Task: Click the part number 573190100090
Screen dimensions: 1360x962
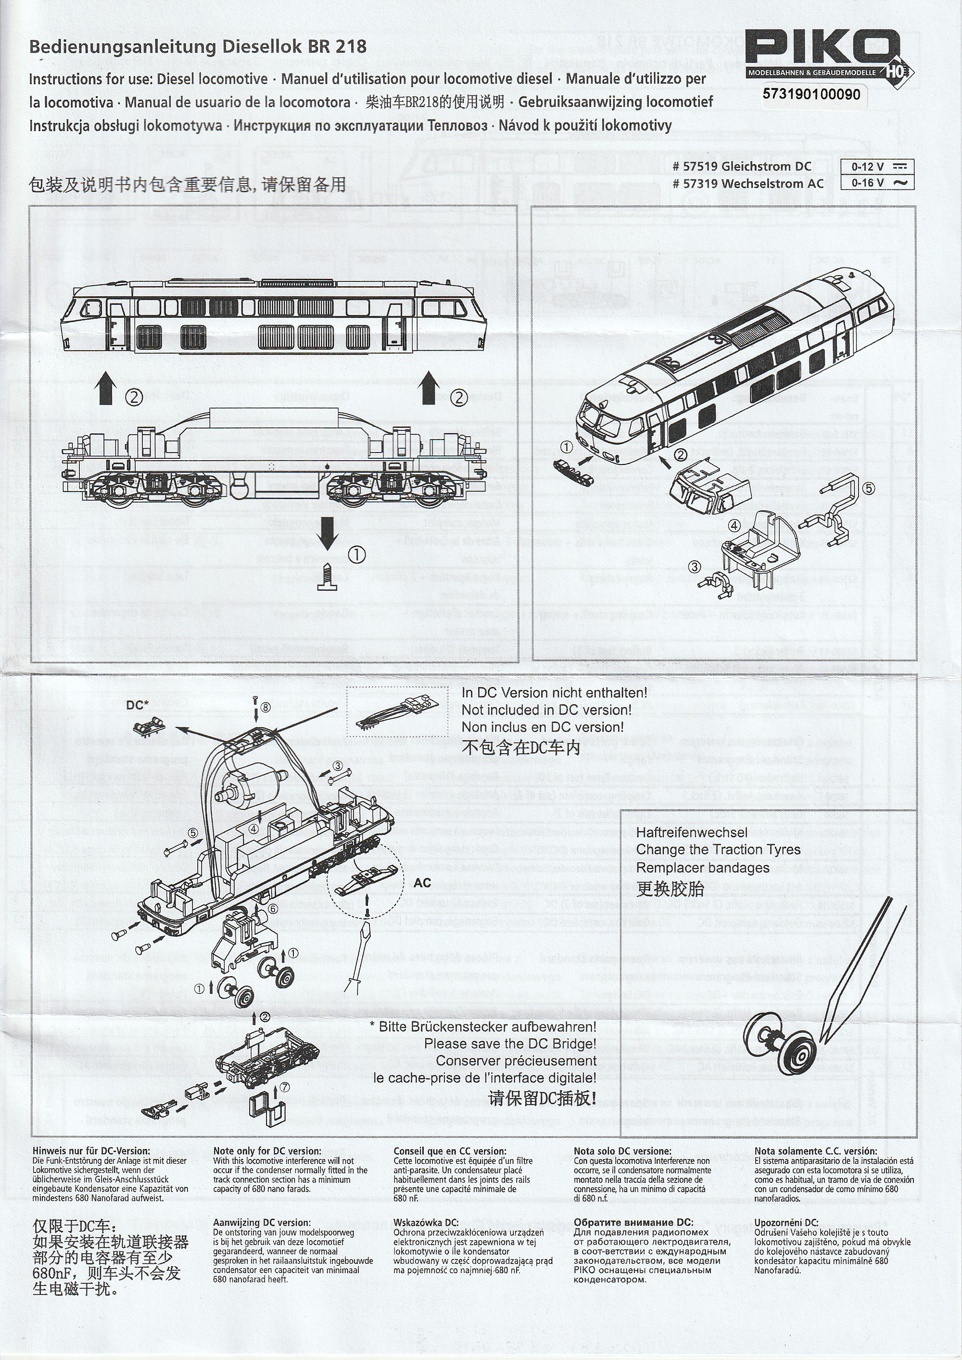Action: (811, 94)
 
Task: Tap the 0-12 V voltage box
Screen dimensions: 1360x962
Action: (877, 167)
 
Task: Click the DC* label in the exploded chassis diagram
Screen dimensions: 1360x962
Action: (138, 705)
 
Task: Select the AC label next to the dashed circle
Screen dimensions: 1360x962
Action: (422, 883)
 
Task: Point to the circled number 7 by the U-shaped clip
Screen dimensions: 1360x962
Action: (286, 1087)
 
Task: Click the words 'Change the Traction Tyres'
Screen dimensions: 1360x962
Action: (718, 849)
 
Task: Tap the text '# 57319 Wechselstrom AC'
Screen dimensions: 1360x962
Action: (747, 184)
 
